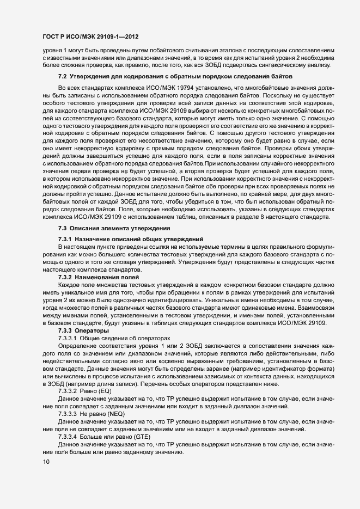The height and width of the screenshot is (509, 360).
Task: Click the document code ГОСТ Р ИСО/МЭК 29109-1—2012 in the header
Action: [x=90, y=37]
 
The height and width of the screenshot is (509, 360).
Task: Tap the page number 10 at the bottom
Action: [x=46, y=462]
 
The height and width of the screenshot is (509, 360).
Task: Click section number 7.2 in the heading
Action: [x=62, y=77]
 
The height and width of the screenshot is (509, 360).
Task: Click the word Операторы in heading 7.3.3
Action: [x=94, y=331]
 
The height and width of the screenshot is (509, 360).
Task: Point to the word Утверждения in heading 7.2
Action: [x=89, y=77]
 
